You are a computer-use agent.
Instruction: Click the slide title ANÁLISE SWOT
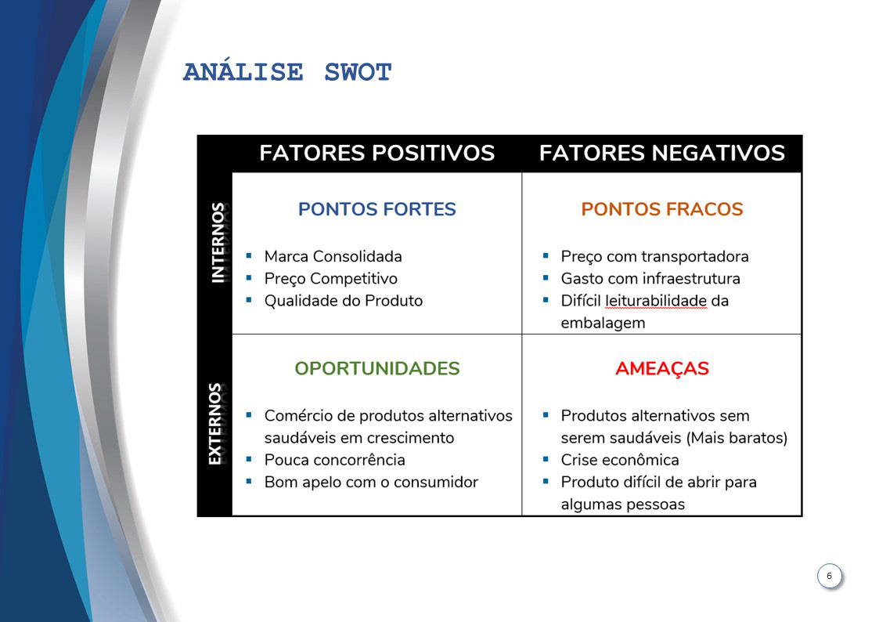[287, 73]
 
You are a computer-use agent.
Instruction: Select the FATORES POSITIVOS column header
[376, 153]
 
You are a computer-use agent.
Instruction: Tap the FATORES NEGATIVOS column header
[661, 153]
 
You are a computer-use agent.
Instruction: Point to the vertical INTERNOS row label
[217, 242]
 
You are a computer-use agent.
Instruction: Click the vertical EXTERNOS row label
[215, 424]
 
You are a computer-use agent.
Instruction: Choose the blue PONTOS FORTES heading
[376, 210]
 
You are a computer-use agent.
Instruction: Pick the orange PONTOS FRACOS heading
[661, 210]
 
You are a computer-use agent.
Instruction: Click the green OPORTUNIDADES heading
[376, 369]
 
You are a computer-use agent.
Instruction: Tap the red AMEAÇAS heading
[661, 369]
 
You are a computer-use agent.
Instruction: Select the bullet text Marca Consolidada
[333, 257]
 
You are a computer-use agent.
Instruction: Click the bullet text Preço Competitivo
[330, 279]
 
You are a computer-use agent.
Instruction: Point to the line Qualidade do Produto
[343, 301]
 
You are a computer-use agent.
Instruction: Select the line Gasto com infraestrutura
[650, 279]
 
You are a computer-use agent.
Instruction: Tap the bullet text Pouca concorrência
[334, 460]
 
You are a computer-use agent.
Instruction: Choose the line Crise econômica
[619, 460]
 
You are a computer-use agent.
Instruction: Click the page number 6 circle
[829, 577]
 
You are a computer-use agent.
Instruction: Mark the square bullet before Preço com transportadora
[546, 256]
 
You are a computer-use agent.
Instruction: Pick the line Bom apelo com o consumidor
[370, 482]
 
